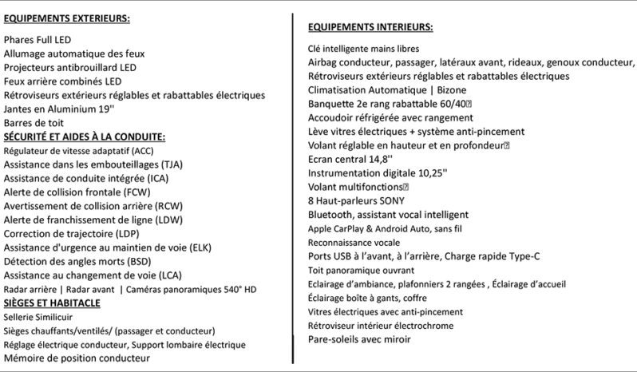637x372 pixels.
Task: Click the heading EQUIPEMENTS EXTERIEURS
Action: [67, 18]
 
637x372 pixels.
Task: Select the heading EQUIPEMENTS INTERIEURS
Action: [370, 27]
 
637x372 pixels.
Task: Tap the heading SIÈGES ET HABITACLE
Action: [52, 303]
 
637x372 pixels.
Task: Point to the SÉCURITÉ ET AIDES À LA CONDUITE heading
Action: [85, 136]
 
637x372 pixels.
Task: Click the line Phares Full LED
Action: [38, 39]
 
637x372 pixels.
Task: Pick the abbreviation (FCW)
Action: [145, 192]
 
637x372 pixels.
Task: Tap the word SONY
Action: [390, 200]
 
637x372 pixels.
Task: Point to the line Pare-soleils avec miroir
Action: [359, 339]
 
